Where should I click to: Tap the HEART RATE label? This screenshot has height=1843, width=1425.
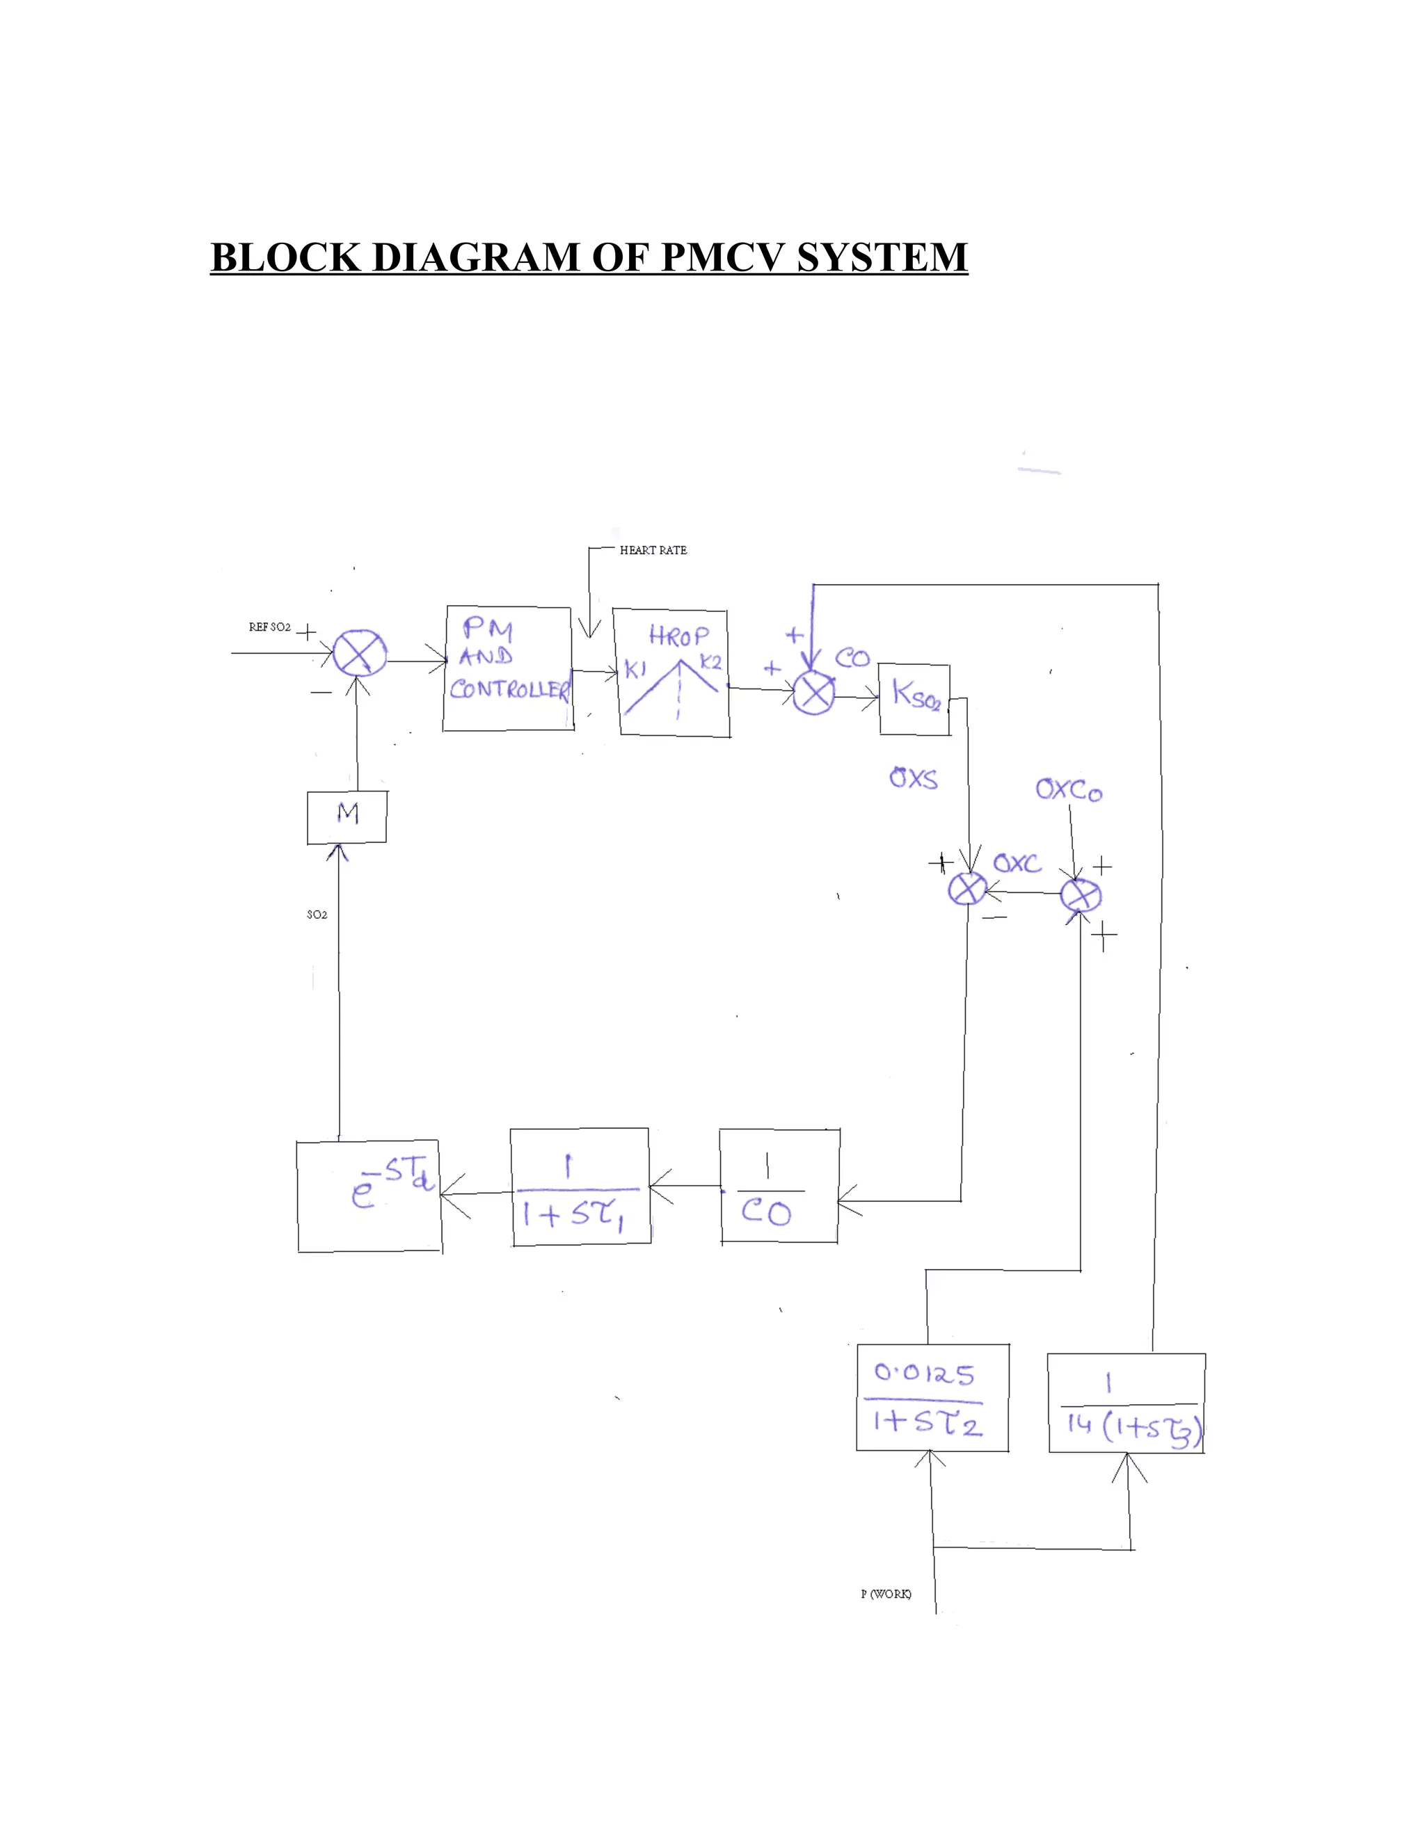pyautogui.click(x=653, y=550)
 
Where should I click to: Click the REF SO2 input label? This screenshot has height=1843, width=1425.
pyautogui.click(x=269, y=627)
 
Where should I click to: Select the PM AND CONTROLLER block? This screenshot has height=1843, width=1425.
pyautogui.click(x=507, y=668)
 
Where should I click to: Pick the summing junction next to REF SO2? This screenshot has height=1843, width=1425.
pyautogui.click(x=360, y=654)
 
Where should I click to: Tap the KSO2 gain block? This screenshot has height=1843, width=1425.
pyautogui.click(x=914, y=700)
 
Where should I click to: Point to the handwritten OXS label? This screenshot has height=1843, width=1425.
pyautogui.click(x=914, y=778)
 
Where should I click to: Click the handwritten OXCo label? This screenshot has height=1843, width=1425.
pyautogui.click(x=1069, y=791)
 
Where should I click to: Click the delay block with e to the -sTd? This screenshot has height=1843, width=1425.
pyautogui.click(x=369, y=1196)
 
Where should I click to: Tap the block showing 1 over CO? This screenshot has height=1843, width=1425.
pyautogui.click(x=779, y=1186)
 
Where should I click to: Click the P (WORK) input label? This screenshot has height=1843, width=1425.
pyautogui.click(x=886, y=1594)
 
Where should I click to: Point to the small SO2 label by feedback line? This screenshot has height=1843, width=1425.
pyautogui.click(x=317, y=915)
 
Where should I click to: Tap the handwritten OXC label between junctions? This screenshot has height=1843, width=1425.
pyautogui.click(x=1017, y=863)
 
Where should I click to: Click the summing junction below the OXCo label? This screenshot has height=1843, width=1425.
pyautogui.click(x=1081, y=895)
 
